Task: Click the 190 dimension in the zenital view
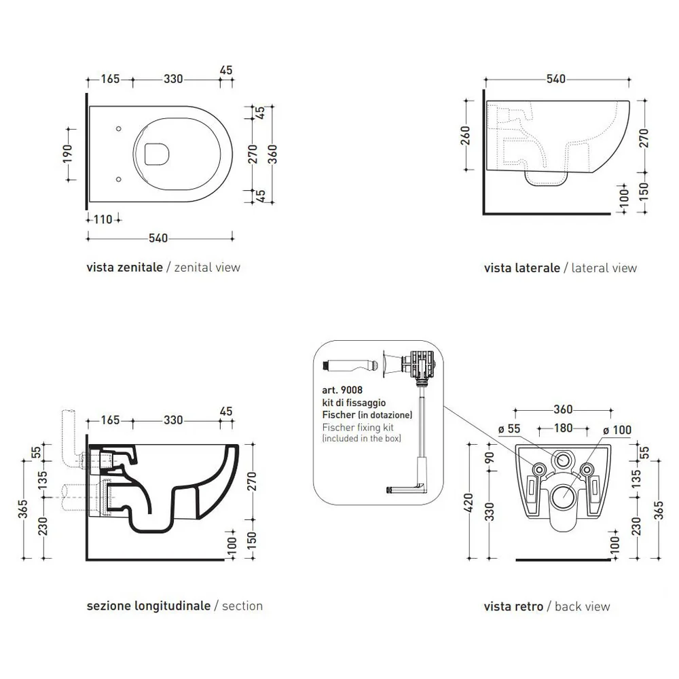pyautogui.click(x=67, y=154)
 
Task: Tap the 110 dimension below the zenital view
pyautogui.click(x=103, y=219)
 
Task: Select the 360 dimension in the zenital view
pyautogui.click(x=272, y=154)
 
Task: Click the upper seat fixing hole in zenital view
pyautogui.click(x=118, y=128)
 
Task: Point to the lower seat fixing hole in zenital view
pyautogui.click(x=118, y=179)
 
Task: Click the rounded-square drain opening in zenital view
pyautogui.click(x=156, y=154)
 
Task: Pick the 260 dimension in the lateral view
pyautogui.click(x=466, y=135)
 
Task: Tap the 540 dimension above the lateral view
pyautogui.click(x=556, y=79)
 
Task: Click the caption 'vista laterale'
pyautogui.click(x=521, y=268)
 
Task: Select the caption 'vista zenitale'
pyautogui.click(x=125, y=267)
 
